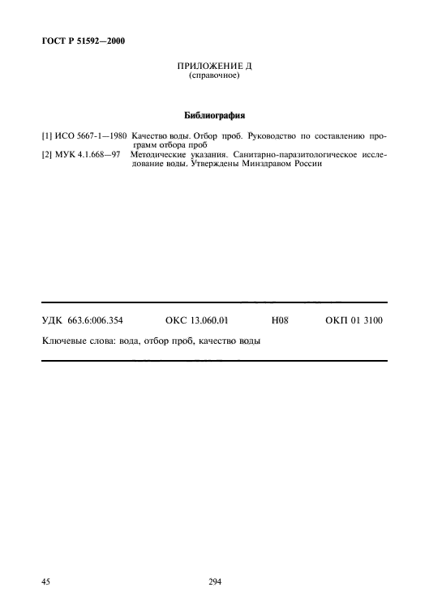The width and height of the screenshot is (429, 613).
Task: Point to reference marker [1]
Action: [47, 136]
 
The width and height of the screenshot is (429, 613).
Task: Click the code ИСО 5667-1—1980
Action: [91, 136]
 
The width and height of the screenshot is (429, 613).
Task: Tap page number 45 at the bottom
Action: [46, 581]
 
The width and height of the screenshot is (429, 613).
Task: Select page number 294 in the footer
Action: [215, 581]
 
